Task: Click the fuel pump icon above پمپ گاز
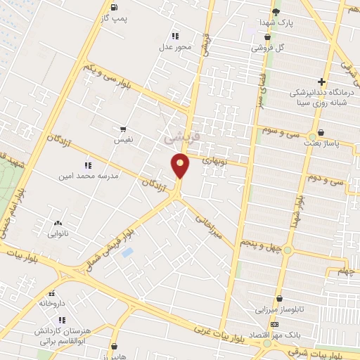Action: click(x=113, y=6)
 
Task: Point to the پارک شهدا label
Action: click(x=275, y=22)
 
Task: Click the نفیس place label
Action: click(x=123, y=140)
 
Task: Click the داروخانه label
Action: click(x=51, y=304)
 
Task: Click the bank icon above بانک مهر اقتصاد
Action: click(x=274, y=323)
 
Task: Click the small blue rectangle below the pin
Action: click(x=127, y=252)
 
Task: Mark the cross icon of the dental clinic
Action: click(x=321, y=82)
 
